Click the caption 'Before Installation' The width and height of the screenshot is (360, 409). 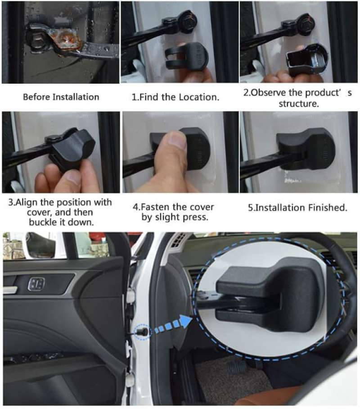point(61,97)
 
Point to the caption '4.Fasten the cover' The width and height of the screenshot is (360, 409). point(174,207)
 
